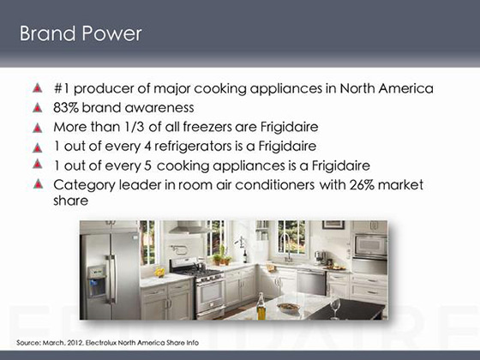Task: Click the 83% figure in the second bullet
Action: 66,108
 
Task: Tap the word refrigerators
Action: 193,147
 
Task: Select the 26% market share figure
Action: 362,185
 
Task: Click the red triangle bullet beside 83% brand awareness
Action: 38,107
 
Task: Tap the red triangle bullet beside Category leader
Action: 38,183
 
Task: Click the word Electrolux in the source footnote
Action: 101,343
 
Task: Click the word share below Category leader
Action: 70,201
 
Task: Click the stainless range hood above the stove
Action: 188,227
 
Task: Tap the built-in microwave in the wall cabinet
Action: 370,246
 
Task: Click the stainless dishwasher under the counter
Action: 311,282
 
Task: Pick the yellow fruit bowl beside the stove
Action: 159,272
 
